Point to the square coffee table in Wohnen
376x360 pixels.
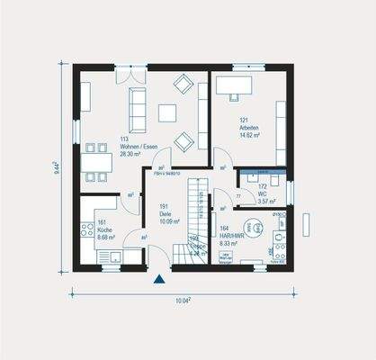168,112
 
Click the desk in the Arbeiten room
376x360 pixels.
237,86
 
